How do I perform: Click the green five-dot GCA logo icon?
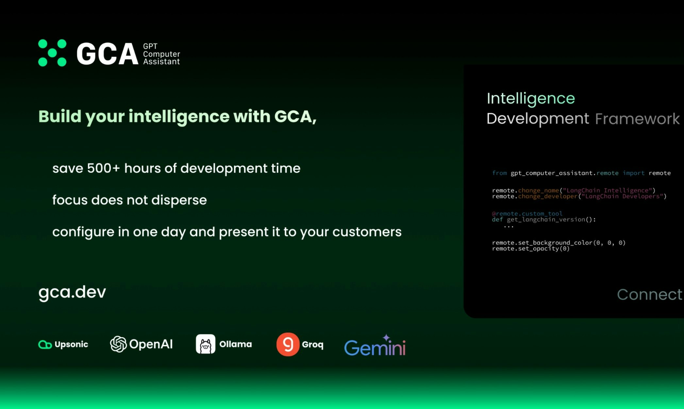(x=52, y=53)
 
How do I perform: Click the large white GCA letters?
(x=108, y=54)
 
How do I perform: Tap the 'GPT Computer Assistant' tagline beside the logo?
(x=161, y=54)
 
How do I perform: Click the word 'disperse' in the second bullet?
(x=179, y=200)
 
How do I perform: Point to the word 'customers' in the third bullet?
(x=367, y=232)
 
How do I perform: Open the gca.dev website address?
(x=72, y=292)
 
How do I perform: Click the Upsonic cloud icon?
(x=45, y=344)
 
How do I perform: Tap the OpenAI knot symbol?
(x=118, y=344)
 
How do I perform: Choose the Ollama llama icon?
(x=206, y=344)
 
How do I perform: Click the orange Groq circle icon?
(x=288, y=344)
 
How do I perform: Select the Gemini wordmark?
(x=375, y=346)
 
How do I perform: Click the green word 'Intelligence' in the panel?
(x=531, y=99)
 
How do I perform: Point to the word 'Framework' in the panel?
(x=637, y=119)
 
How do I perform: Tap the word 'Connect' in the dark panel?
(x=650, y=294)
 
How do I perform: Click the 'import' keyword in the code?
(x=634, y=173)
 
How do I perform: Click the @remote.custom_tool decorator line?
(x=527, y=214)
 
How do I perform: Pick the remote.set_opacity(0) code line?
(x=531, y=249)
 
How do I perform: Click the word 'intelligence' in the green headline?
(x=179, y=117)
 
